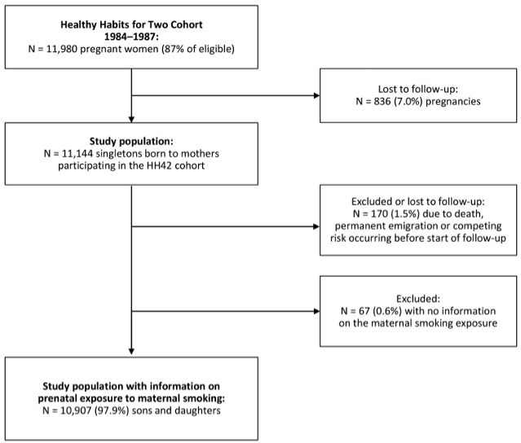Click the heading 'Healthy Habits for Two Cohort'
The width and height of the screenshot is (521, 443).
pyautogui.click(x=131, y=23)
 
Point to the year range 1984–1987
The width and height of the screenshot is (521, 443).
pyautogui.click(x=131, y=36)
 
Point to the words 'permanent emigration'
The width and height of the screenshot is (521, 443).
pyautogui.click(x=379, y=227)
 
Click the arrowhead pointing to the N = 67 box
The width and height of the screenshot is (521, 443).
pyautogui.click(x=316, y=310)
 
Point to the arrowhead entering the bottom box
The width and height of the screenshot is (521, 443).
pyautogui.click(x=131, y=352)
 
